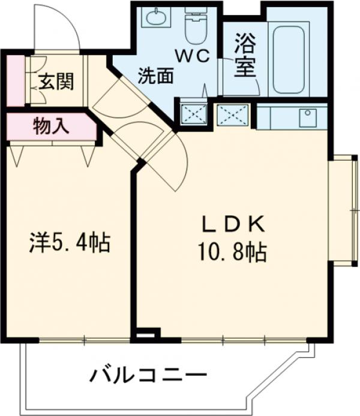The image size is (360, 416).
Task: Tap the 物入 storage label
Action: (51, 126)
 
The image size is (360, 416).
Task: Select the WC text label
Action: (192, 56)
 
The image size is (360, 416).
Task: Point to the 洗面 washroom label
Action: (155, 76)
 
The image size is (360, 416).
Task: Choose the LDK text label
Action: (232, 225)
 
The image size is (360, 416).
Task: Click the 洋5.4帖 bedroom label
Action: (70, 243)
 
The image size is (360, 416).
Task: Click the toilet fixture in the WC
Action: (195, 26)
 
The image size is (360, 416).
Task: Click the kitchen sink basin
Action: (308, 116)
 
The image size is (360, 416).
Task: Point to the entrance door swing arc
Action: (66, 27)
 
